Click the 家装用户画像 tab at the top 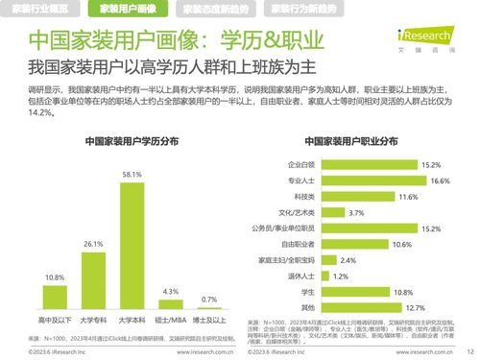(x=130, y=10)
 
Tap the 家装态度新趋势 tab (x=216, y=10)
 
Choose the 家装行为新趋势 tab (x=304, y=10)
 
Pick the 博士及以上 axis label (x=209, y=319)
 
